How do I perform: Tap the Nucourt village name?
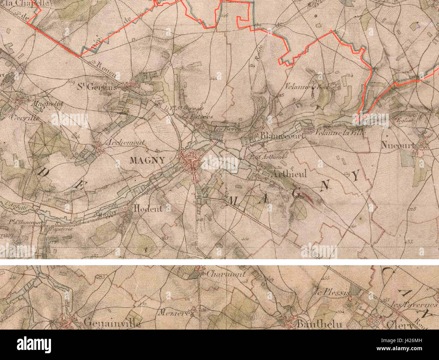point(397,146)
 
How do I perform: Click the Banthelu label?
point(319,324)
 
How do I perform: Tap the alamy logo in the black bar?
point(34,345)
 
